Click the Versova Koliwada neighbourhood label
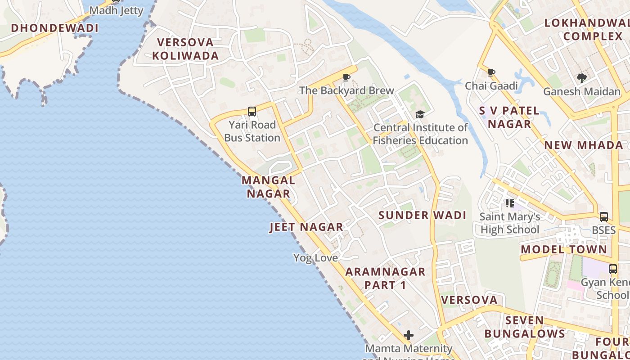[185, 49]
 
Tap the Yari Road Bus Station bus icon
[252, 111]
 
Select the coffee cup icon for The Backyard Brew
[346, 78]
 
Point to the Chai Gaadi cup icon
[491, 72]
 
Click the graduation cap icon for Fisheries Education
[420, 114]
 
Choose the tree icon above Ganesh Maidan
[581, 78]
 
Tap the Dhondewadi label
[54, 28]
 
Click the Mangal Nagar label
[269, 187]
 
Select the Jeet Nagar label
[306, 227]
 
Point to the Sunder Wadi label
[422, 215]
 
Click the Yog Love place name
[315, 258]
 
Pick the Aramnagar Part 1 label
[385, 278]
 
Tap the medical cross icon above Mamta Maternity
[409, 335]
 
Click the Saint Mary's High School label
[510, 223]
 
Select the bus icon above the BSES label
[604, 216]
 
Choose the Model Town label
[564, 249]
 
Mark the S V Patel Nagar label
[509, 117]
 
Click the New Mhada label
[584, 145]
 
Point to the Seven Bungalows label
[525, 327]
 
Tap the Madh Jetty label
[116, 11]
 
